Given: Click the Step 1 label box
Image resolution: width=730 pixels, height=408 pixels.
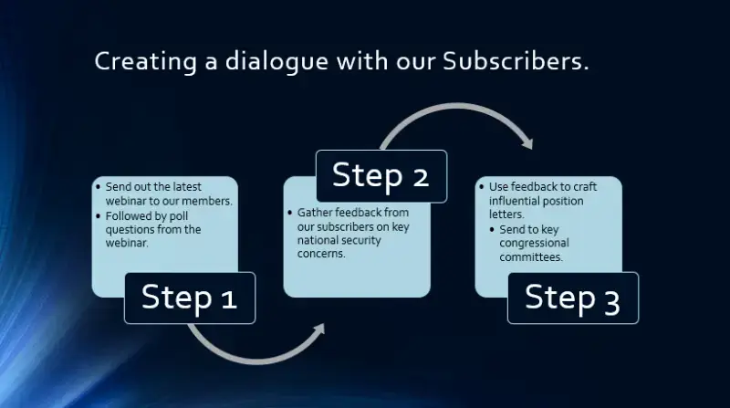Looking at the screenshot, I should point(190,298).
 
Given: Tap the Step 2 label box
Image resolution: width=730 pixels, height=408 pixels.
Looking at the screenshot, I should point(381,175).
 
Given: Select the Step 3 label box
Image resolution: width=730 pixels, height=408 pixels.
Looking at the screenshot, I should point(572,298).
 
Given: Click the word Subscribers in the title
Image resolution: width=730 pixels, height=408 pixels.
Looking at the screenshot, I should point(515,62).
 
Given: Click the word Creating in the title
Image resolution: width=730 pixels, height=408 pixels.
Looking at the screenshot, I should point(132,62).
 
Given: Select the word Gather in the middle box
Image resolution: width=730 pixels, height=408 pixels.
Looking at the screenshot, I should point(312,212).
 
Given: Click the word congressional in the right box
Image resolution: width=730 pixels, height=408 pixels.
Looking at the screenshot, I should point(534,243).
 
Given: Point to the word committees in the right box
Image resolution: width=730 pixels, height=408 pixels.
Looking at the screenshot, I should point(530,256).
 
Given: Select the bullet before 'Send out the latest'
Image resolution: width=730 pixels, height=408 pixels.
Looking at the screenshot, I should point(99,186).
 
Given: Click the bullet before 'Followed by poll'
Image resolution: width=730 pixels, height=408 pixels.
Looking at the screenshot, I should point(99,215).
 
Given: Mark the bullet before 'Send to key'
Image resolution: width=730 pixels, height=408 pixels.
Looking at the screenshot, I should point(492,228).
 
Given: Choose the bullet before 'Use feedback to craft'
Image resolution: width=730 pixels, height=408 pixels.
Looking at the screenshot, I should point(481,186).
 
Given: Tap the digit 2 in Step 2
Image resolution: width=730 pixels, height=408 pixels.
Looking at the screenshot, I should point(420,175).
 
